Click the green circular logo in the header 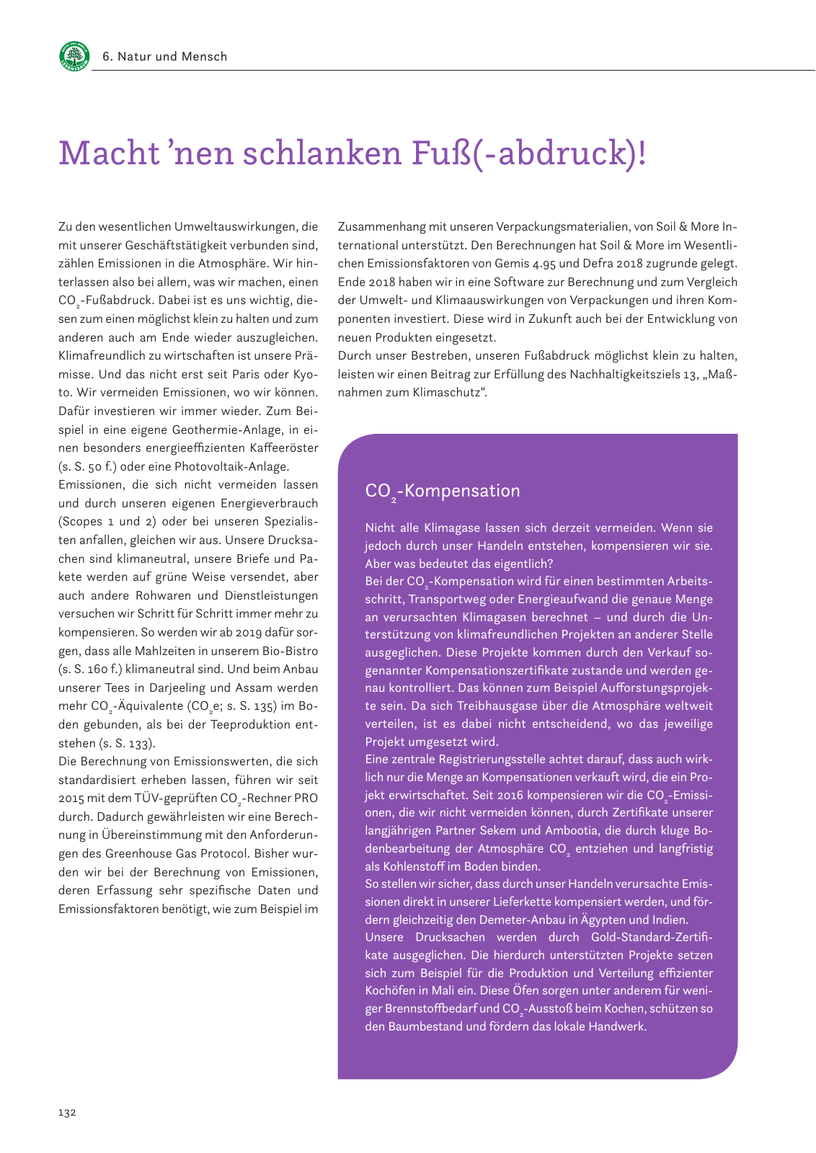pyautogui.click(x=74, y=56)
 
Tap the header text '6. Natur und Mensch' pyautogui.click(x=165, y=56)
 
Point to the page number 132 pyautogui.click(x=67, y=1112)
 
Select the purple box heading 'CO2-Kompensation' pyautogui.click(x=442, y=491)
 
